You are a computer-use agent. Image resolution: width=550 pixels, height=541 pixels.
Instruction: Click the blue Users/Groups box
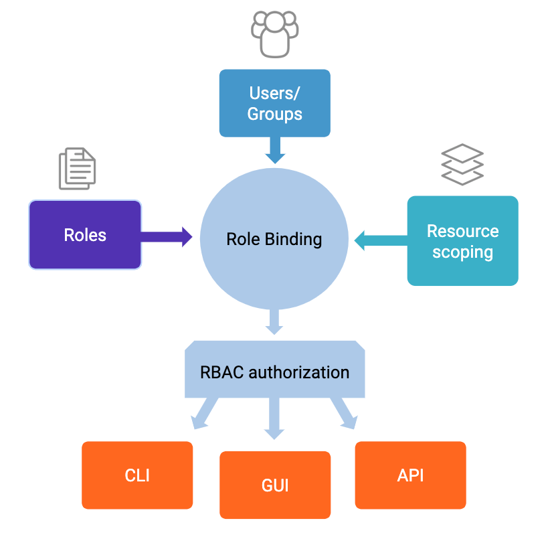coord(274,103)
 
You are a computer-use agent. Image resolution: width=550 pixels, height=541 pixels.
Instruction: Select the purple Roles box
coord(85,235)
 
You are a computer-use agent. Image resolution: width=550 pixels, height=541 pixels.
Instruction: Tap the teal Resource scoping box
coord(462,241)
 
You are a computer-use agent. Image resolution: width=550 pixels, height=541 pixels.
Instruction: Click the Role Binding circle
coord(274,239)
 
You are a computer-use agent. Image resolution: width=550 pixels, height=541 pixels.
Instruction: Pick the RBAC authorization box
coord(274,372)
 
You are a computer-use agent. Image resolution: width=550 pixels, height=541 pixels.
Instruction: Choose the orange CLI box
coord(137,475)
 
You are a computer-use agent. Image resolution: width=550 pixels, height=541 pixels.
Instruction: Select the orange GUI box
coord(275,485)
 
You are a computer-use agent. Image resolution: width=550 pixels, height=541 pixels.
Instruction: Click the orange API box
coord(410,475)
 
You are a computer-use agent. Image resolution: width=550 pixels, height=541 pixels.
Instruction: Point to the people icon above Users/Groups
coord(274,33)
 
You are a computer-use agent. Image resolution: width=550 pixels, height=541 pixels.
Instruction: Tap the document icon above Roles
coord(77,168)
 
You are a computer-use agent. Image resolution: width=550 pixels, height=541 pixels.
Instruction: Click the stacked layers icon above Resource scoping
coord(462,164)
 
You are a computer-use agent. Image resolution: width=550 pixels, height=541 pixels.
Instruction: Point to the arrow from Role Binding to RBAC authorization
coord(274,322)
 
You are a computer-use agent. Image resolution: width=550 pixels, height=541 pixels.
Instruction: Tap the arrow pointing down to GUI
coord(274,418)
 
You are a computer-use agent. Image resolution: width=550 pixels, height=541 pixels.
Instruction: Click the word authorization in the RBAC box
coord(299,372)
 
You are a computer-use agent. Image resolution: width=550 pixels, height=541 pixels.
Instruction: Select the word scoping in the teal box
coord(462,252)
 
